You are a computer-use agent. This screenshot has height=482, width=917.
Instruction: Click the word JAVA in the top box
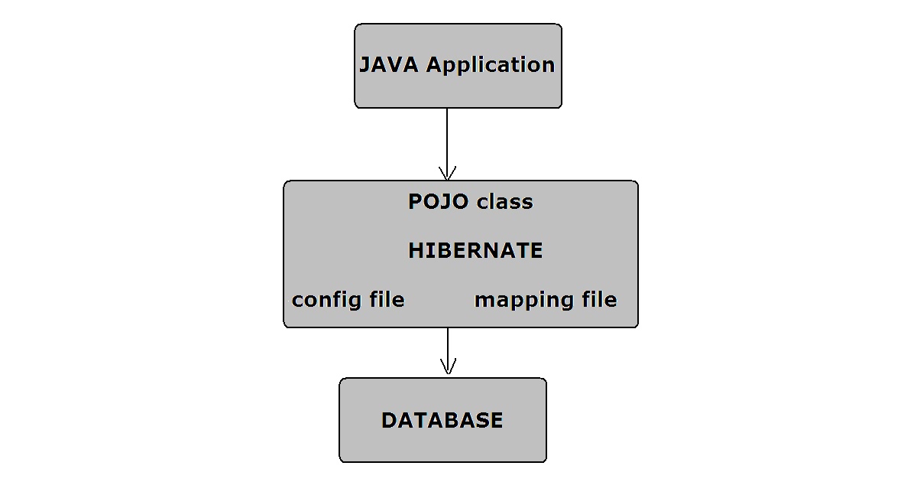[x=389, y=65]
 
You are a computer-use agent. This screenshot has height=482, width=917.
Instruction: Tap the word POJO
[x=439, y=202]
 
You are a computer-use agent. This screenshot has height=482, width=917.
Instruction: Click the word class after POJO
[x=504, y=202]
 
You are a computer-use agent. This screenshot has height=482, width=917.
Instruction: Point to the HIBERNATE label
[x=475, y=251]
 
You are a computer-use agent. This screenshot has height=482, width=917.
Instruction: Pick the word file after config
[x=384, y=299]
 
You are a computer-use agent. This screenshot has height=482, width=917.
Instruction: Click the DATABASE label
[x=442, y=421]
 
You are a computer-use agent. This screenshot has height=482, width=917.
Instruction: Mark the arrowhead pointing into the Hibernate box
[x=447, y=174]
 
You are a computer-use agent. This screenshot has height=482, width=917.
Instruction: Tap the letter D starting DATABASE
[x=388, y=421]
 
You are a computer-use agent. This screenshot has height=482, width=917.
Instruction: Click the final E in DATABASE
[x=496, y=421]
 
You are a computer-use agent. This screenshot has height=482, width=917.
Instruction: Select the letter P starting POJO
[x=415, y=202]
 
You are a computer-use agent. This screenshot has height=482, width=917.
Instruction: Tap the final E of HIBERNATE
[x=536, y=251]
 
